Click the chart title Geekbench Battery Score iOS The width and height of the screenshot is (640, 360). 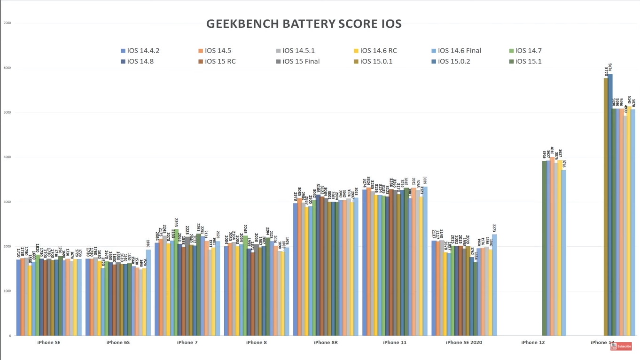point(304,24)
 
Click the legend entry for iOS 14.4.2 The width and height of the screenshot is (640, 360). point(143,51)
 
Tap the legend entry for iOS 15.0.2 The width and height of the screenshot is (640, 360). point(456,61)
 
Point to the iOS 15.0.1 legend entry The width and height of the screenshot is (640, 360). point(376,61)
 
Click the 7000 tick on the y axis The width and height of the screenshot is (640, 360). point(7,23)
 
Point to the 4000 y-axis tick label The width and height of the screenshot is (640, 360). point(7,157)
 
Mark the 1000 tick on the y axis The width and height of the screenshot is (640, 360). point(7,291)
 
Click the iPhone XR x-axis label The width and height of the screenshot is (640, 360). point(326,343)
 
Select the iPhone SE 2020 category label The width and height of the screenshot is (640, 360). point(464,343)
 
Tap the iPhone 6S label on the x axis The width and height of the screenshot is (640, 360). point(118,343)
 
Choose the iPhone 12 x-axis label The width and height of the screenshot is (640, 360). point(533,343)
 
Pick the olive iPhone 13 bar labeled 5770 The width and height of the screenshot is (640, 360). point(606,207)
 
